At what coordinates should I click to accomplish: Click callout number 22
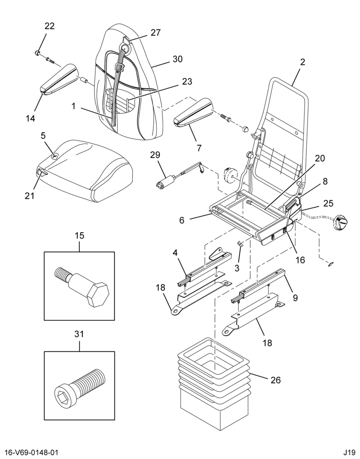coord(50,26)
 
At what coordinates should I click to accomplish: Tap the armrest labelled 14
coord(59,79)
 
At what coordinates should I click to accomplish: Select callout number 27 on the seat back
coord(156,33)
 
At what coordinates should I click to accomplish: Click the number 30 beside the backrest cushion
coord(177,59)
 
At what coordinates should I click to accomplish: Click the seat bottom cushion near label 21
coord(85,170)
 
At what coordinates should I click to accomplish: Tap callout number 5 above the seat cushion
coord(43,135)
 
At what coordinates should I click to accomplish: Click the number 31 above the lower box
coord(79,334)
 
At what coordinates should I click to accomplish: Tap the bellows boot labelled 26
coord(214,384)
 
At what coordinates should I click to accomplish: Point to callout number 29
coord(156,155)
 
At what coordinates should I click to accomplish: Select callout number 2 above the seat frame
coord(303,62)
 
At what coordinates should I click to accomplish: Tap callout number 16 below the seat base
coord(301,260)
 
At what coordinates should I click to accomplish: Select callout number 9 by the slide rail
coord(295,298)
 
